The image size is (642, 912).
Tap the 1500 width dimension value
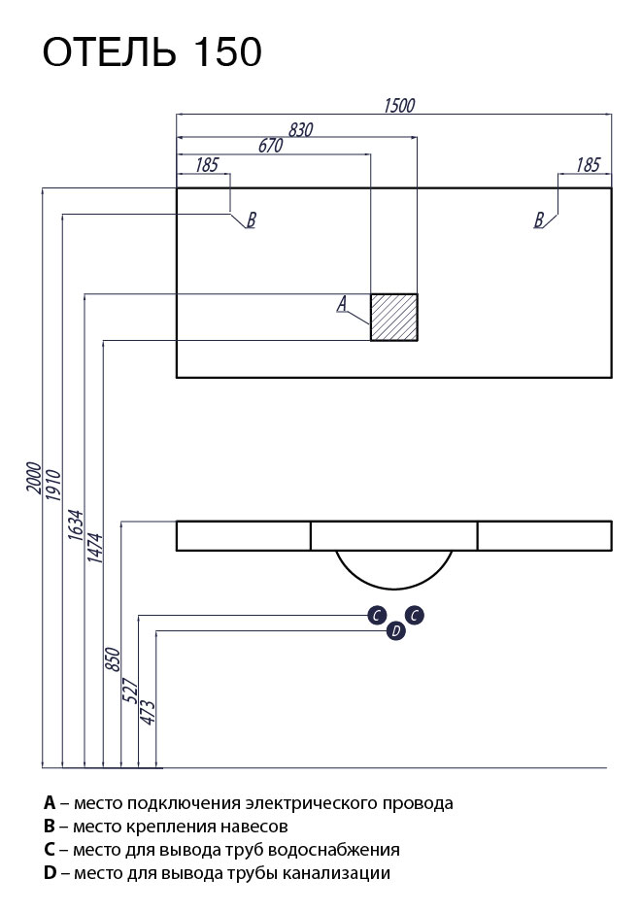click(399, 106)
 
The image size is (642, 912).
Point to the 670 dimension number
click(271, 146)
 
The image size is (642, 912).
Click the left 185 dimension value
click(207, 165)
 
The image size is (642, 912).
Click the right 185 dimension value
click(588, 165)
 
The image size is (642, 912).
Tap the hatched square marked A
click(393, 317)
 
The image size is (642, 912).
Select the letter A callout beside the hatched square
click(342, 305)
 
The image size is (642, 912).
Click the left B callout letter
click(251, 220)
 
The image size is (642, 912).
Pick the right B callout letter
click(539, 220)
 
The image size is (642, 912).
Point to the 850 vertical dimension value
click(113, 660)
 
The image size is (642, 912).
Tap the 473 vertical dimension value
click(149, 711)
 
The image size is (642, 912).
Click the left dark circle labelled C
click(377, 615)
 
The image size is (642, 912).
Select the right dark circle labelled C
click(414, 615)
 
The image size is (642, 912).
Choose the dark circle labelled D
click(395, 632)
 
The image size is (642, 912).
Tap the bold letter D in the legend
click(50, 873)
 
